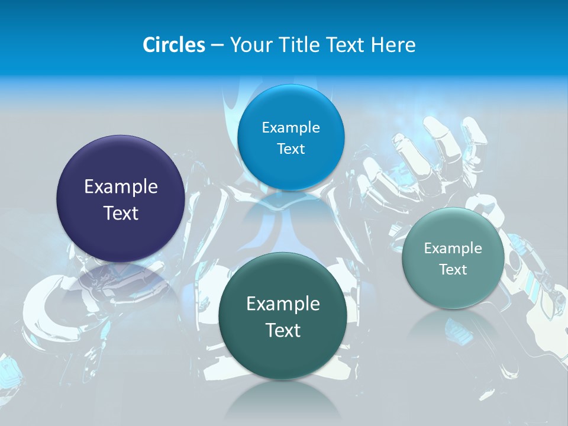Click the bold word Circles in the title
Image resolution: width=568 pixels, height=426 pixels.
click(173, 45)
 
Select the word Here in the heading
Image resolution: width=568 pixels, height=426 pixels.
click(393, 45)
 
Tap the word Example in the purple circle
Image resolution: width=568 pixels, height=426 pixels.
click(121, 186)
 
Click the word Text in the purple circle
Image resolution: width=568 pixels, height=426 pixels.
click(121, 213)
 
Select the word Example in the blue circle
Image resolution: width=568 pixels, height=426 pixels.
click(291, 127)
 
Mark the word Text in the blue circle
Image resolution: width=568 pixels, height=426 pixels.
click(291, 149)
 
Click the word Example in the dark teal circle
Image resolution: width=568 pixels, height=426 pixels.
click(283, 304)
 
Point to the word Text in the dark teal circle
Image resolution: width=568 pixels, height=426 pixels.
click(283, 330)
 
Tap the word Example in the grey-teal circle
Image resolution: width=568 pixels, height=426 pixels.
click(453, 248)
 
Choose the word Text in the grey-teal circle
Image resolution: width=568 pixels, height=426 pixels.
click(453, 270)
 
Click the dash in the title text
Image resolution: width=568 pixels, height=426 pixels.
click(217, 46)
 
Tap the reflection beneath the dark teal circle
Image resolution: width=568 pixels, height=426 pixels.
click(283, 396)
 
